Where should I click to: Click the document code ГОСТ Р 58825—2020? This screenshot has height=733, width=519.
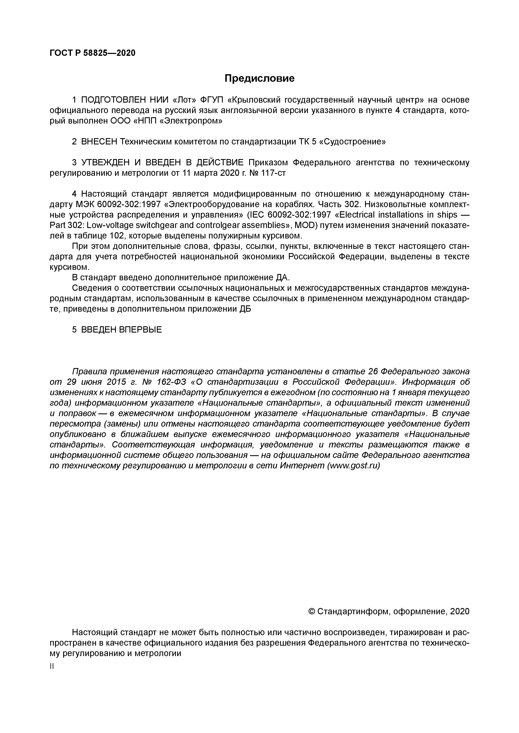[x=93, y=53]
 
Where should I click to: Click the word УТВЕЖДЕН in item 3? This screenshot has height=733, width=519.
[x=105, y=163]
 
